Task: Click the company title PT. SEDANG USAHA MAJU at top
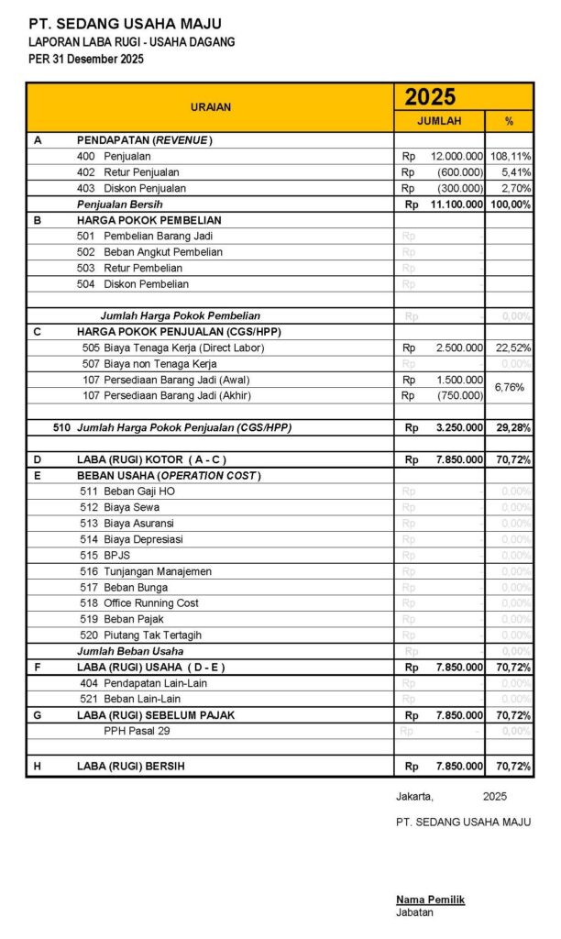(125, 24)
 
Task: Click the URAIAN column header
(211, 107)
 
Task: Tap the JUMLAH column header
(439, 121)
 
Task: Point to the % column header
(510, 121)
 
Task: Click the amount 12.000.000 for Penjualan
(456, 157)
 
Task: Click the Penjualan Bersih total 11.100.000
(456, 204)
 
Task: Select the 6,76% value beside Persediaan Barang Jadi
(510, 388)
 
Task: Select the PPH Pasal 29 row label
(137, 731)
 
